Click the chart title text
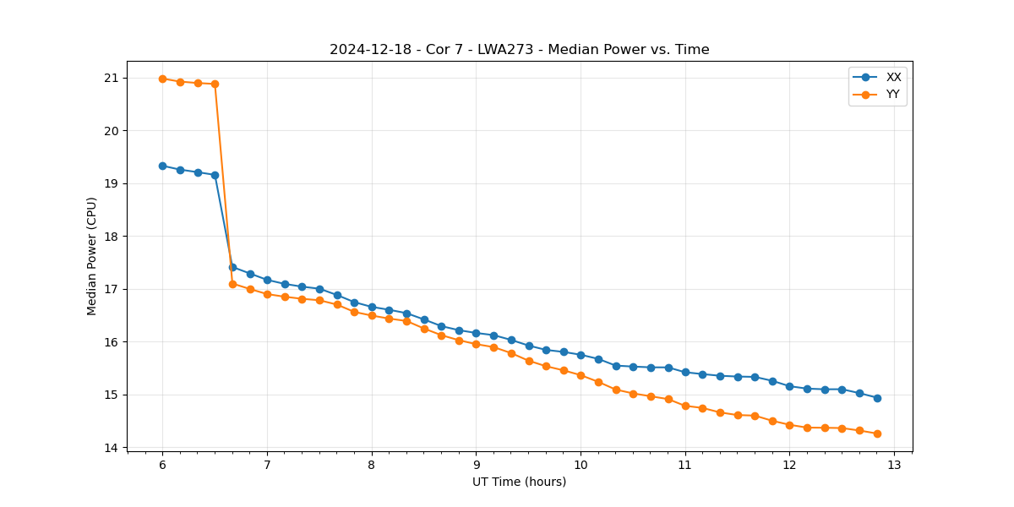(519, 50)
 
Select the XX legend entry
(893, 77)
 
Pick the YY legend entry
(893, 95)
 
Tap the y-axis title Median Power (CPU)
(92, 256)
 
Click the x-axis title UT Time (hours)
(519, 482)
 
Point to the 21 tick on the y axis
(112, 78)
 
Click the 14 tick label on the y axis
(112, 448)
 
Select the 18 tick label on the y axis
(112, 237)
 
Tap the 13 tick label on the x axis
(894, 465)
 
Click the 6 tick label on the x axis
(162, 465)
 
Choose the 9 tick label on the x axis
(476, 465)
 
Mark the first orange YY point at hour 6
(162, 79)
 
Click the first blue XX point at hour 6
(162, 166)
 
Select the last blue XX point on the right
(877, 398)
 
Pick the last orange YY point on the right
(877, 433)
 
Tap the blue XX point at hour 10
(581, 355)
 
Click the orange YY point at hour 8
(372, 315)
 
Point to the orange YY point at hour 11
(685, 406)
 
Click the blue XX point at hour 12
(789, 386)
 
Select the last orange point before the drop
(215, 84)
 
